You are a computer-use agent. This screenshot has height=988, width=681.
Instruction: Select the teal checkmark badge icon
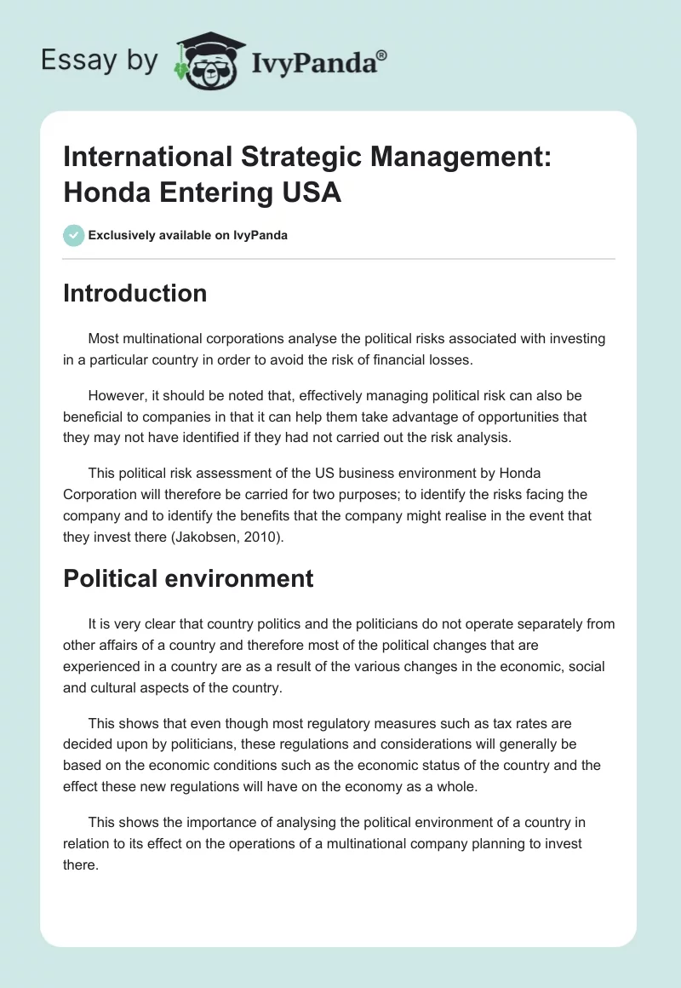(x=73, y=235)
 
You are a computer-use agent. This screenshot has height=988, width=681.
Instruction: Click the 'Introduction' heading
(x=135, y=293)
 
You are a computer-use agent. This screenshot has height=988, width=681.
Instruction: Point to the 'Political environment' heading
(x=188, y=578)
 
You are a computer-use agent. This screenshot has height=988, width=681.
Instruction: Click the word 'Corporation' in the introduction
(x=101, y=494)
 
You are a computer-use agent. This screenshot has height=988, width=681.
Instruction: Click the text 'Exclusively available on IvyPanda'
(x=188, y=235)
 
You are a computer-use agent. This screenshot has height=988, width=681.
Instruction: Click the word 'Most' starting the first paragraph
(x=103, y=338)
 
